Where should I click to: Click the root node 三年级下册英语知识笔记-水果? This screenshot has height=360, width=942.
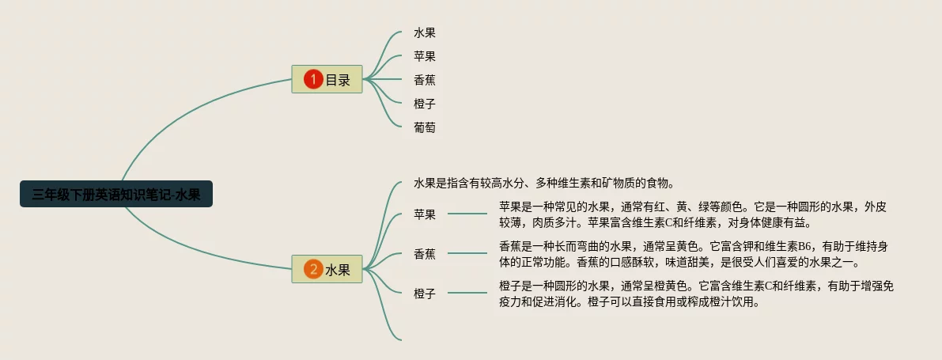116,194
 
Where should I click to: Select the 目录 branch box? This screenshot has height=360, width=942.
327,79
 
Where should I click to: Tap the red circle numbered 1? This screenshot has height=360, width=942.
313,79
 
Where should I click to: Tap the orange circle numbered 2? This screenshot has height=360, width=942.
313,270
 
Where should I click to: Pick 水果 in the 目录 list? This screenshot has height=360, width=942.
425,33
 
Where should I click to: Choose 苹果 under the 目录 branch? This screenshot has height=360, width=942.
425,56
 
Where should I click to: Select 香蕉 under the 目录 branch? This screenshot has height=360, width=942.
425,80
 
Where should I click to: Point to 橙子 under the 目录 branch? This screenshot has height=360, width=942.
425,104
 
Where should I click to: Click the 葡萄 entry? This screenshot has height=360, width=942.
425,127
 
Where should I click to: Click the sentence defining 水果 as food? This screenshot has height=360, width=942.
543,184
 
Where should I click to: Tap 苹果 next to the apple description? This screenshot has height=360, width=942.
425,214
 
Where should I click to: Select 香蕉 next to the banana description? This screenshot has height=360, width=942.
425,254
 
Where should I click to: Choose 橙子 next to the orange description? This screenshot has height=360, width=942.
425,294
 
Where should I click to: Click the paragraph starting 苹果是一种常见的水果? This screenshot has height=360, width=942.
693,214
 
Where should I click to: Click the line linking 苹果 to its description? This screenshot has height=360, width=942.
467,214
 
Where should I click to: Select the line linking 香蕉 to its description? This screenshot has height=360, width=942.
467,253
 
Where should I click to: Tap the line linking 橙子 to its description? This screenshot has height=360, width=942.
467,294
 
